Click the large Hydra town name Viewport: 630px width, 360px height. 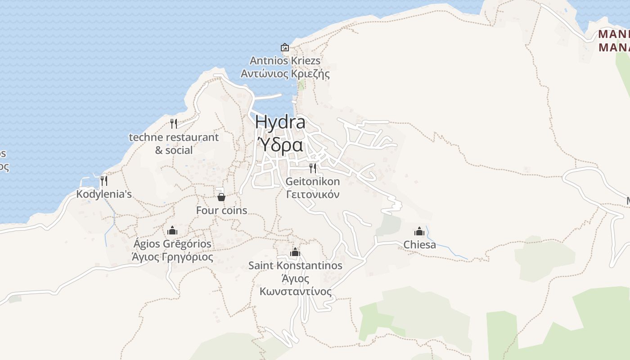pyautogui.click(x=280, y=122)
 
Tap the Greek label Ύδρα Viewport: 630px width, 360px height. pyautogui.click(x=279, y=145)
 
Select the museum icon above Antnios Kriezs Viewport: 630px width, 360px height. pyautogui.click(x=285, y=47)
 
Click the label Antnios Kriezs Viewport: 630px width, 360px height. pyautogui.click(x=285, y=61)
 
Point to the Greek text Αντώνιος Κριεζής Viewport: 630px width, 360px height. pyautogui.click(x=285, y=74)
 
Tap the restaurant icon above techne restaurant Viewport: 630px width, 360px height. pyautogui.click(x=174, y=124)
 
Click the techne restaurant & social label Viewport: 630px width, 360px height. pyautogui.click(x=174, y=144)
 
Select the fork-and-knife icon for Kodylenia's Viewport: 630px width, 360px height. pyautogui.click(x=104, y=181)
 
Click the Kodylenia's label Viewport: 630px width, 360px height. pyautogui.click(x=104, y=194)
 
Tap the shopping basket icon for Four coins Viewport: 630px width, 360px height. pyautogui.click(x=221, y=197)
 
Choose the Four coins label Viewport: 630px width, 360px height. pyautogui.click(x=221, y=210)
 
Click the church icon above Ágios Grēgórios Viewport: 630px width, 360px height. pyautogui.click(x=172, y=231)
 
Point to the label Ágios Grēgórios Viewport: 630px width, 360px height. pyautogui.click(x=172, y=244)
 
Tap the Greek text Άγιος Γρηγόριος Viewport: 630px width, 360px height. pyautogui.click(x=172, y=257)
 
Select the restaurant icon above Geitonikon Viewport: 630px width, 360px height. pyautogui.click(x=313, y=168)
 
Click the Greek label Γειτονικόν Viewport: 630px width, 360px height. pyautogui.click(x=313, y=194)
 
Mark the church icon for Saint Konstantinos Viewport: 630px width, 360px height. pyautogui.click(x=295, y=252)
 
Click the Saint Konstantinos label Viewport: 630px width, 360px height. pyautogui.click(x=295, y=265)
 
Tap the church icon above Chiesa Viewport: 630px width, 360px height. pyautogui.click(x=419, y=231)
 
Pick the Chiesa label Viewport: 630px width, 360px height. pyautogui.click(x=419, y=245)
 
